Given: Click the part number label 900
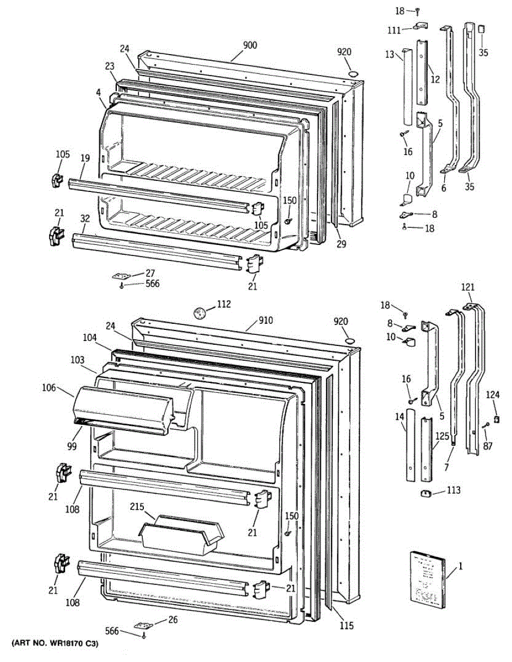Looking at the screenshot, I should click(250, 45).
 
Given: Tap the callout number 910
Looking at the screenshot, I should click(265, 321).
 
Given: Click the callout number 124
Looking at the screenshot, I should click(493, 394).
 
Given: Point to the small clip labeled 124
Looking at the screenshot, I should click(496, 419).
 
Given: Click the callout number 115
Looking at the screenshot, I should click(346, 626).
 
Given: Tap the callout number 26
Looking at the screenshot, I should click(173, 619).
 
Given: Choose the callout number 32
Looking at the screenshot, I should click(84, 219).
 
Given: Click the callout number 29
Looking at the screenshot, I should click(341, 244).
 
